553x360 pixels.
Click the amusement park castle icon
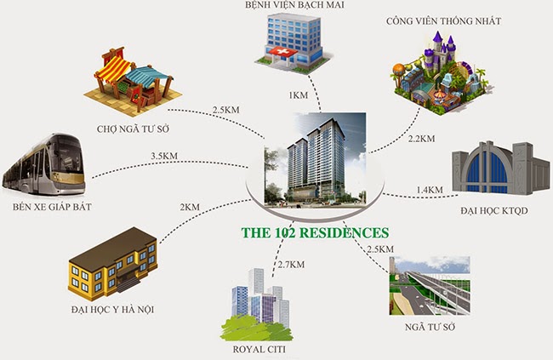[x=433, y=75]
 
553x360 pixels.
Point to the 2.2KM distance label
[x=421, y=138]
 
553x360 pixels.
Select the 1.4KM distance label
[x=430, y=189]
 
